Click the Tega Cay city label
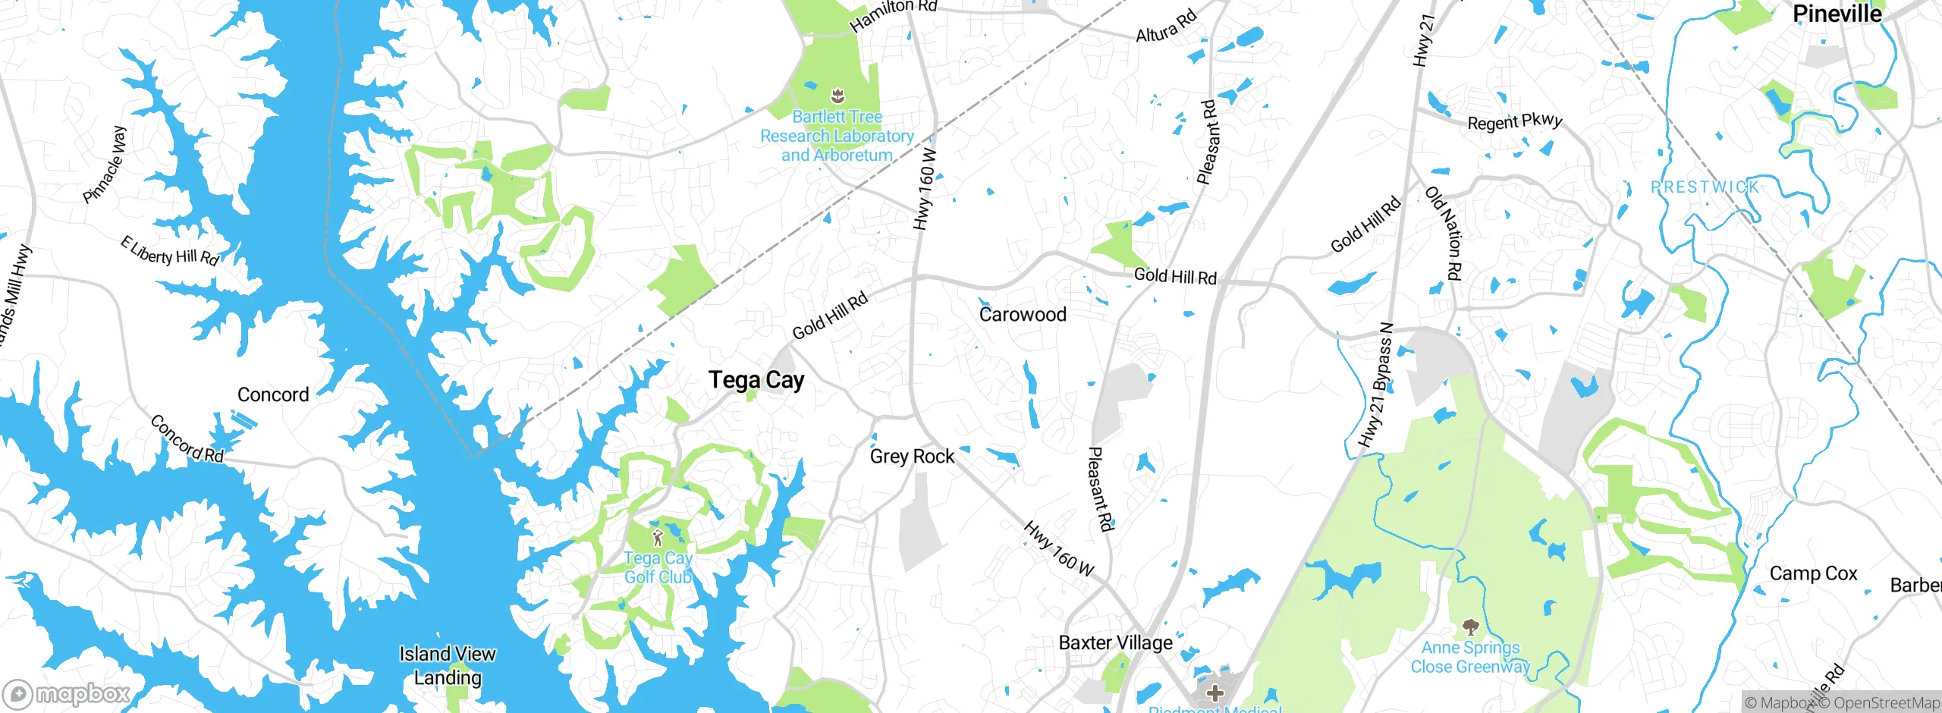click(756, 380)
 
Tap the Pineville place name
click(1837, 14)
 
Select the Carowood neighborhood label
click(1023, 314)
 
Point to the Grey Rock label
click(912, 456)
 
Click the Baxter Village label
click(1115, 642)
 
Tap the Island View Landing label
click(448, 665)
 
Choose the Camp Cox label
click(1813, 573)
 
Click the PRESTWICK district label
click(1705, 187)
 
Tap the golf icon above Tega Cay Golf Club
click(658, 539)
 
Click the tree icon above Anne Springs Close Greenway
click(1470, 627)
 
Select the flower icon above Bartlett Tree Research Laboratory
click(837, 96)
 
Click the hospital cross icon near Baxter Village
click(1215, 693)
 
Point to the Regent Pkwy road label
click(1514, 121)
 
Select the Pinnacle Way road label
click(105, 165)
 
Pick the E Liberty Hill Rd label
click(170, 251)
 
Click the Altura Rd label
click(1166, 25)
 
